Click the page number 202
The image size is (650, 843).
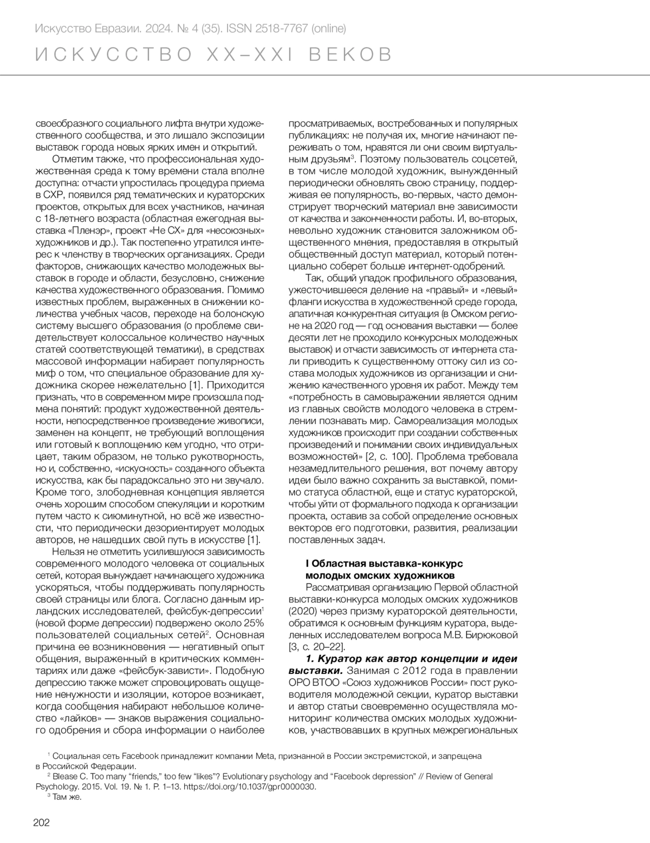[41, 822]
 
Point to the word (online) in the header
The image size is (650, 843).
[328, 28]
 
